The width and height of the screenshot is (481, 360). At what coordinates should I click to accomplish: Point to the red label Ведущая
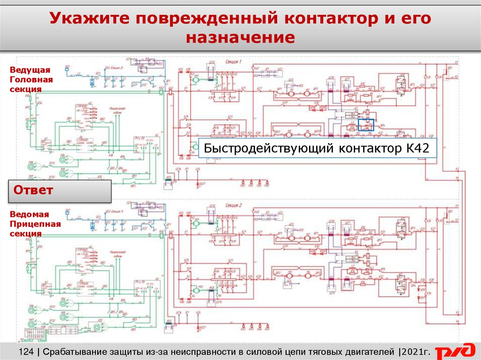pyautogui.click(x=30, y=70)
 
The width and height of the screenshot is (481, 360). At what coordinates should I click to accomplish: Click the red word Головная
pyautogui.click(x=31, y=79)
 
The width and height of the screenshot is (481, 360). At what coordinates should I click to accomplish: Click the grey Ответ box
pyautogui.click(x=60, y=191)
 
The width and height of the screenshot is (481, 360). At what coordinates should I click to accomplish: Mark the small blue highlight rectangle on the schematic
pyautogui.click(x=366, y=124)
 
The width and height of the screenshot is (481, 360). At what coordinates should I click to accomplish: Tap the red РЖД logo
pyautogui.click(x=454, y=352)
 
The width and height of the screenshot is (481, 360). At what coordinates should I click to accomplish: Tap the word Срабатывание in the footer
pyautogui.click(x=72, y=352)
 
